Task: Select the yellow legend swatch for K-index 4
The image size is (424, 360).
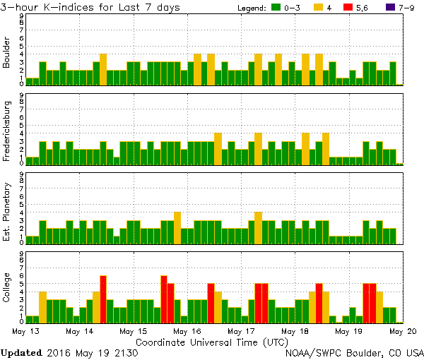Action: (318, 7)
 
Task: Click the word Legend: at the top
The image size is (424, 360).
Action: (251, 7)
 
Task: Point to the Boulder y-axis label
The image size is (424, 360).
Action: (7, 53)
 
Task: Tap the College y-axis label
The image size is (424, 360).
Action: (7, 286)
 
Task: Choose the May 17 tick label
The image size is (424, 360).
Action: (241, 330)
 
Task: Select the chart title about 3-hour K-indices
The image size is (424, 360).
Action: (90, 7)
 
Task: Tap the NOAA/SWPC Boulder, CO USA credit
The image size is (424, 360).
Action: (354, 352)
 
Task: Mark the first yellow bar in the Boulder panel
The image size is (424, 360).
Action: (103, 69)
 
